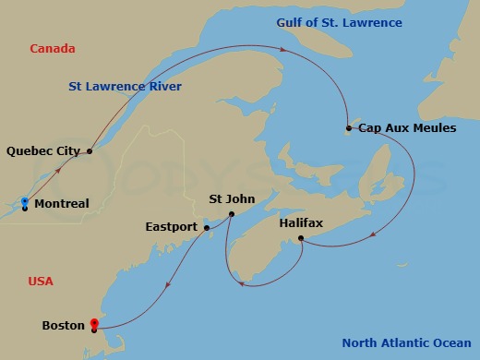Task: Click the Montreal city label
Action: [62, 204]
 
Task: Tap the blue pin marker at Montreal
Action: [25, 202]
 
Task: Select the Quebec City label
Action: [42, 150]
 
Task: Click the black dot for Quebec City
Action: [90, 150]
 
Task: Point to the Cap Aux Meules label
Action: [407, 128]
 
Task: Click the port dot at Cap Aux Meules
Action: [349, 128]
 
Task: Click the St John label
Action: [228, 198]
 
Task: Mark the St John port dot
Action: [231, 215]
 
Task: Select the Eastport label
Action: [173, 226]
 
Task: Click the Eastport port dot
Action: [207, 227]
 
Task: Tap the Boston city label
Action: [64, 325]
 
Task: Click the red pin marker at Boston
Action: [94, 324]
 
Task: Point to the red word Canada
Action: [52, 48]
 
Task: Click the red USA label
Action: [41, 281]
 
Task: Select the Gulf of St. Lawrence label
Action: [339, 22]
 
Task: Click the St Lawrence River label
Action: [125, 87]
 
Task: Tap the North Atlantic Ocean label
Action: [406, 343]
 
